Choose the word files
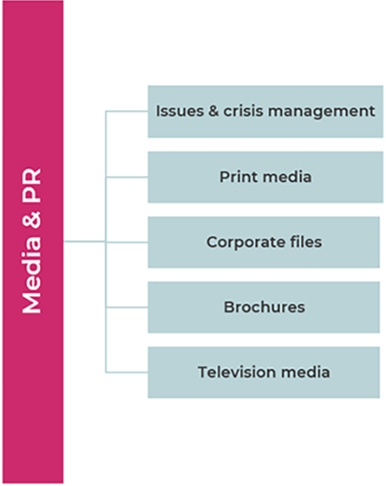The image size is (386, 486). tap(304, 241)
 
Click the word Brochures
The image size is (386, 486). tap(264, 307)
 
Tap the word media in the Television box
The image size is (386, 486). tap(307, 372)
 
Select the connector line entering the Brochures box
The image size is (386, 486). tap(126, 307)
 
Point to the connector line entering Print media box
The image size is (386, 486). tap(126, 177)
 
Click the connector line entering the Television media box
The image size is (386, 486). tap(126, 372)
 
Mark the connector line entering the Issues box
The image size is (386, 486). tap(126, 111)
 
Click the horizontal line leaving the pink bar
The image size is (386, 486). tap(84, 241)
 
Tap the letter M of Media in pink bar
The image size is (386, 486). tap(32, 302)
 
